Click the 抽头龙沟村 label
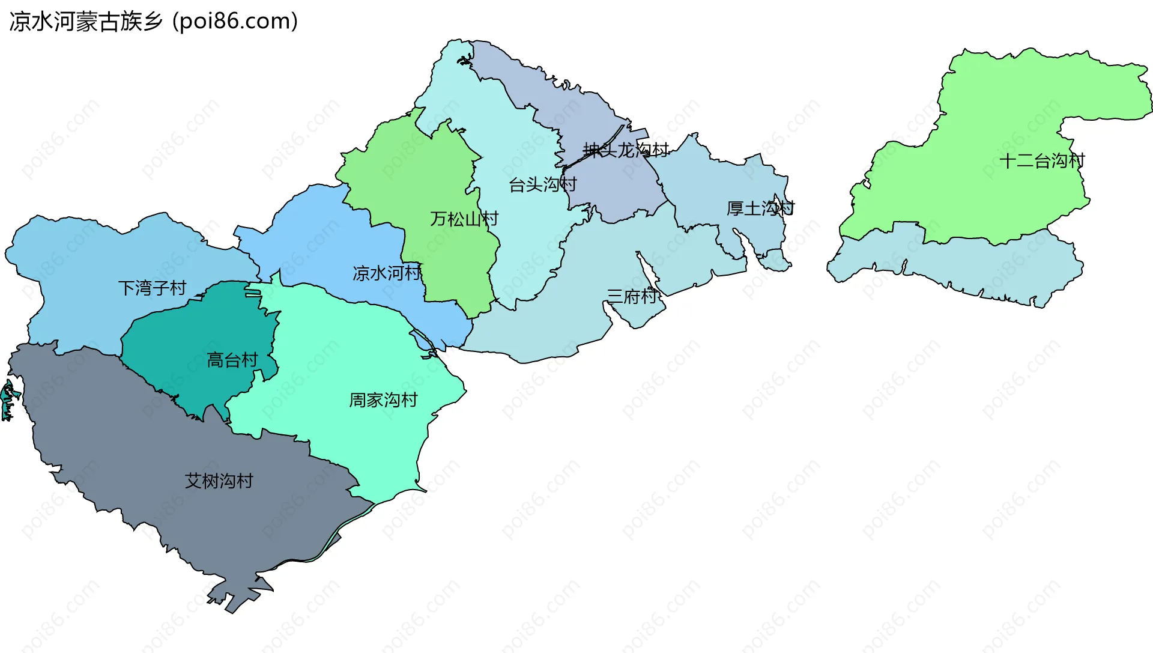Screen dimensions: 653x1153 pos(626,150)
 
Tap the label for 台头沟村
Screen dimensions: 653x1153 pos(542,184)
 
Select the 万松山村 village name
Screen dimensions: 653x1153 pos(464,219)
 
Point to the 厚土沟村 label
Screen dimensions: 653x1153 pos(760,208)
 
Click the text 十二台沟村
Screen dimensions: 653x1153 pos(1042,160)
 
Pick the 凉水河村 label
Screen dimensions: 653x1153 pos(387,273)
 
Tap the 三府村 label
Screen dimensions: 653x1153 pos(632,296)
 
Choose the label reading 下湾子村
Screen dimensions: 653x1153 pos(152,288)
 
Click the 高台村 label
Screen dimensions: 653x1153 pos(232,360)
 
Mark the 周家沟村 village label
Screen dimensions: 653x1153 pos(383,400)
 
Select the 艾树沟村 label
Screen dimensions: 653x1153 pos(219,481)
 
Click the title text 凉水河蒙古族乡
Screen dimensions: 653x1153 pos(86,22)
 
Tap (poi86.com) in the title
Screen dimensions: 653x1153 pos(235,22)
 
